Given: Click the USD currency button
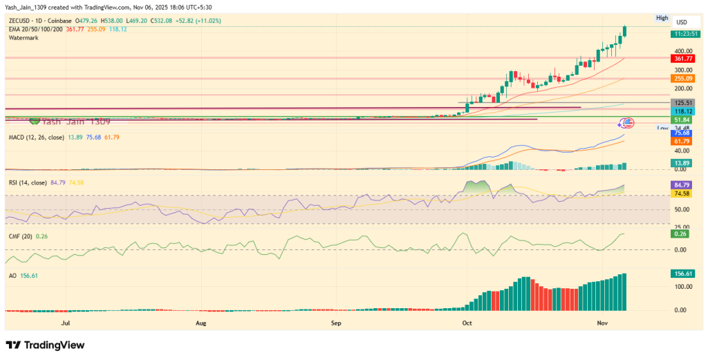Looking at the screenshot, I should point(681,22).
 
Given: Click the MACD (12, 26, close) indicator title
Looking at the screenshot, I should point(35,138).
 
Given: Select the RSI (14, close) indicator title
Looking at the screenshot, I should point(27,182).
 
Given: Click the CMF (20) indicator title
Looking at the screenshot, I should point(19,236).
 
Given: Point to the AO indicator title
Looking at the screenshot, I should point(12,274).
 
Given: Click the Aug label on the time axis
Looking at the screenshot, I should point(201,323).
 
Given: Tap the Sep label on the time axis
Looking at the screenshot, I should point(336,323).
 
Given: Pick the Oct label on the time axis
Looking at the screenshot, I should point(467,323).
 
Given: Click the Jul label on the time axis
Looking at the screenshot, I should point(66,323).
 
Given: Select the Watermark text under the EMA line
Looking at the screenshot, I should point(24,38).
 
